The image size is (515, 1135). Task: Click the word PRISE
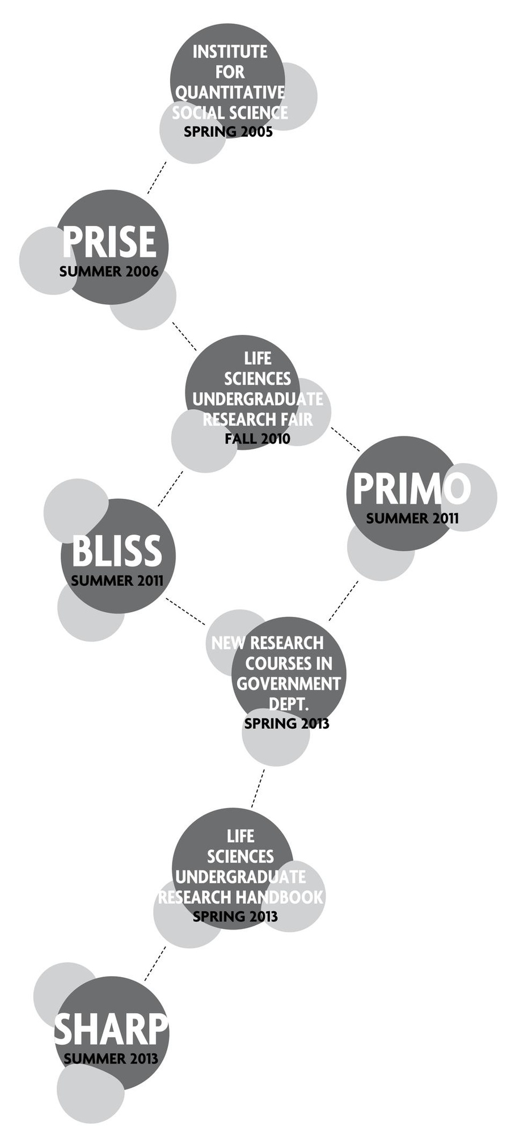tap(109, 242)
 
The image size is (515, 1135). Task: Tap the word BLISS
tap(117, 551)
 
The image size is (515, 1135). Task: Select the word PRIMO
tap(411, 489)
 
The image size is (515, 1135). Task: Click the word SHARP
tap(111, 1029)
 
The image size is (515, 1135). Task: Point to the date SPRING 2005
tap(228, 132)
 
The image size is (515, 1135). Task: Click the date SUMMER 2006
tap(109, 271)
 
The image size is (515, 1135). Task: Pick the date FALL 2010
tap(257, 439)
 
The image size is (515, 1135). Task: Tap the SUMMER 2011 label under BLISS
tap(117, 581)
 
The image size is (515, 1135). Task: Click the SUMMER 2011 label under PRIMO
tap(412, 518)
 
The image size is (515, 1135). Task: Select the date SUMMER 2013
tap(111, 1058)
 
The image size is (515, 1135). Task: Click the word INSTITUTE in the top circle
tap(230, 52)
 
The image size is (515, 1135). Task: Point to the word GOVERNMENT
tap(289, 684)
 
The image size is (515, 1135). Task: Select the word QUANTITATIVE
tap(230, 93)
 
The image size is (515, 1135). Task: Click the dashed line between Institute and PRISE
tap(157, 177)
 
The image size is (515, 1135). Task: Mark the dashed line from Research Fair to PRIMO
tap(345, 439)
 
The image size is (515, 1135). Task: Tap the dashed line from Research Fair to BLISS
tap(170, 489)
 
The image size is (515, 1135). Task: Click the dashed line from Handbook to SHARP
tap(155, 963)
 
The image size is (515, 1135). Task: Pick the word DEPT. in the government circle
tap(288, 704)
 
